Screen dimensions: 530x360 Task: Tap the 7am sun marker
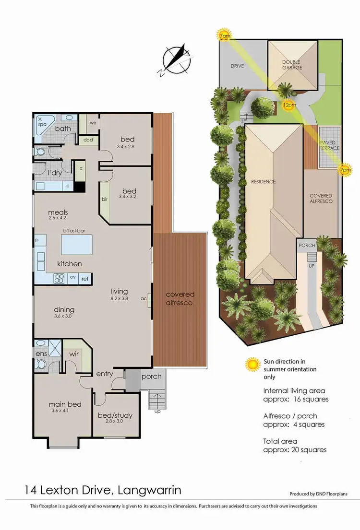pos(224,36)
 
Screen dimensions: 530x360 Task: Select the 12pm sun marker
pos(288,105)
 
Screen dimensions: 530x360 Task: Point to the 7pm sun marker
pos(344,170)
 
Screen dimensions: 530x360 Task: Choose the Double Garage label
pos(292,65)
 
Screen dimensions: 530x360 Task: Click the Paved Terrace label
pos(329,145)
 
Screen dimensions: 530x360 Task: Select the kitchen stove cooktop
pos(59,278)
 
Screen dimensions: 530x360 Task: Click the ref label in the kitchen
pos(84,278)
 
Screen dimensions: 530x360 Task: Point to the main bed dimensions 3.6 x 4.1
pos(63,411)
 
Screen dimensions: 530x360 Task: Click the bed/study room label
pos(115,415)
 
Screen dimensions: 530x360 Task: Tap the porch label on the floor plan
pos(151,376)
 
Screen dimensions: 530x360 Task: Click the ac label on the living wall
pos(144,298)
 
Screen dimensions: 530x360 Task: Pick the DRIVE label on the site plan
pos(237,66)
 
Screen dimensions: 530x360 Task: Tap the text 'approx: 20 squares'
pos(295,449)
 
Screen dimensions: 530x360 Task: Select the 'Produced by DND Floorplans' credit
pos(318,494)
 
